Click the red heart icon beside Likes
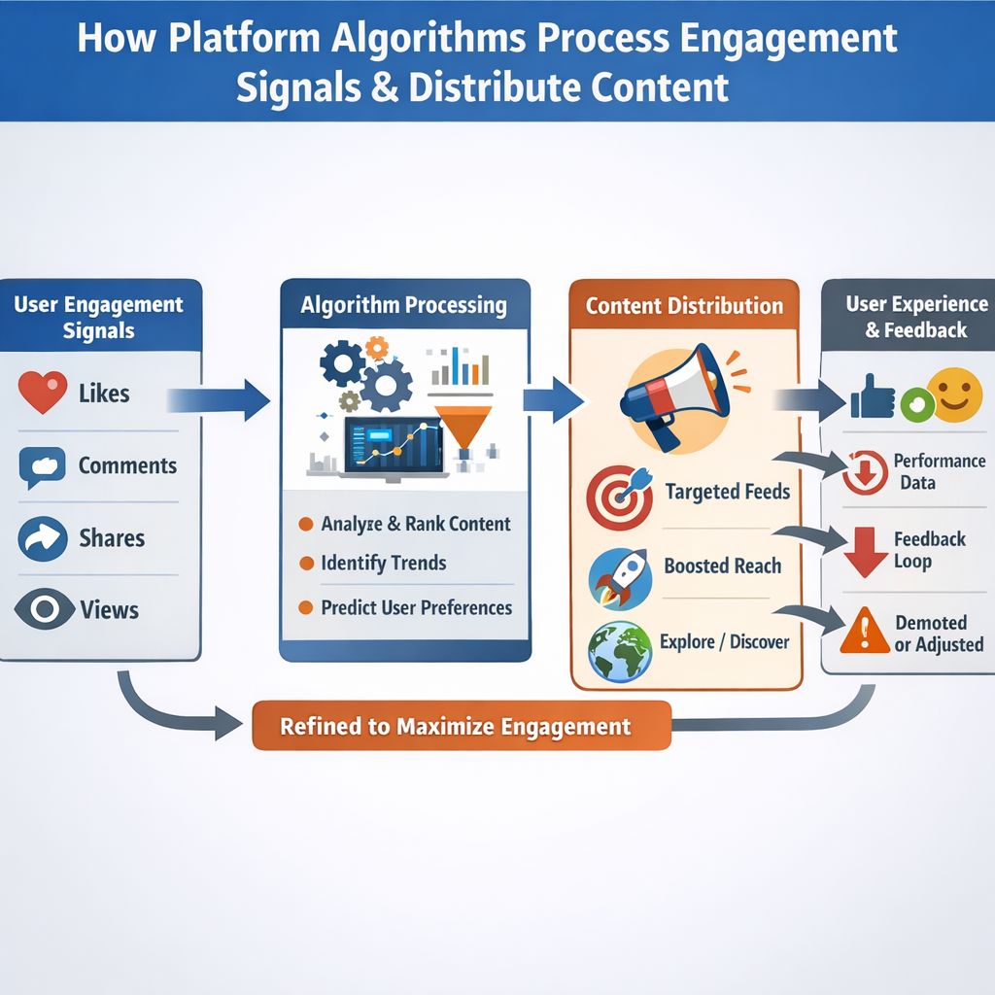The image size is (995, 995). coord(43,393)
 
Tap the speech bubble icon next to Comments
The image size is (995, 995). coord(42,466)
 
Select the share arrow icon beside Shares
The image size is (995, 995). coord(42,538)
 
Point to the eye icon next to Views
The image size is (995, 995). coord(44,609)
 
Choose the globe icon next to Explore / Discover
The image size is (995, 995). coord(619,649)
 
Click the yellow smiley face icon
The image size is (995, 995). coord(954,394)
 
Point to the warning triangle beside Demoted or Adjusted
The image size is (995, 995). coord(864,632)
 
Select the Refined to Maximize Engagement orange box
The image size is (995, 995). coord(462,726)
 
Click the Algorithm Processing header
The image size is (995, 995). coord(404,305)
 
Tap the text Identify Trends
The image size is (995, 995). coord(384,563)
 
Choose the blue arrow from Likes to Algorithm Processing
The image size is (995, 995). coord(219,399)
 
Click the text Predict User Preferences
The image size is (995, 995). coord(416,608)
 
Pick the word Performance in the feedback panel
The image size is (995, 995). coord(939,461)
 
